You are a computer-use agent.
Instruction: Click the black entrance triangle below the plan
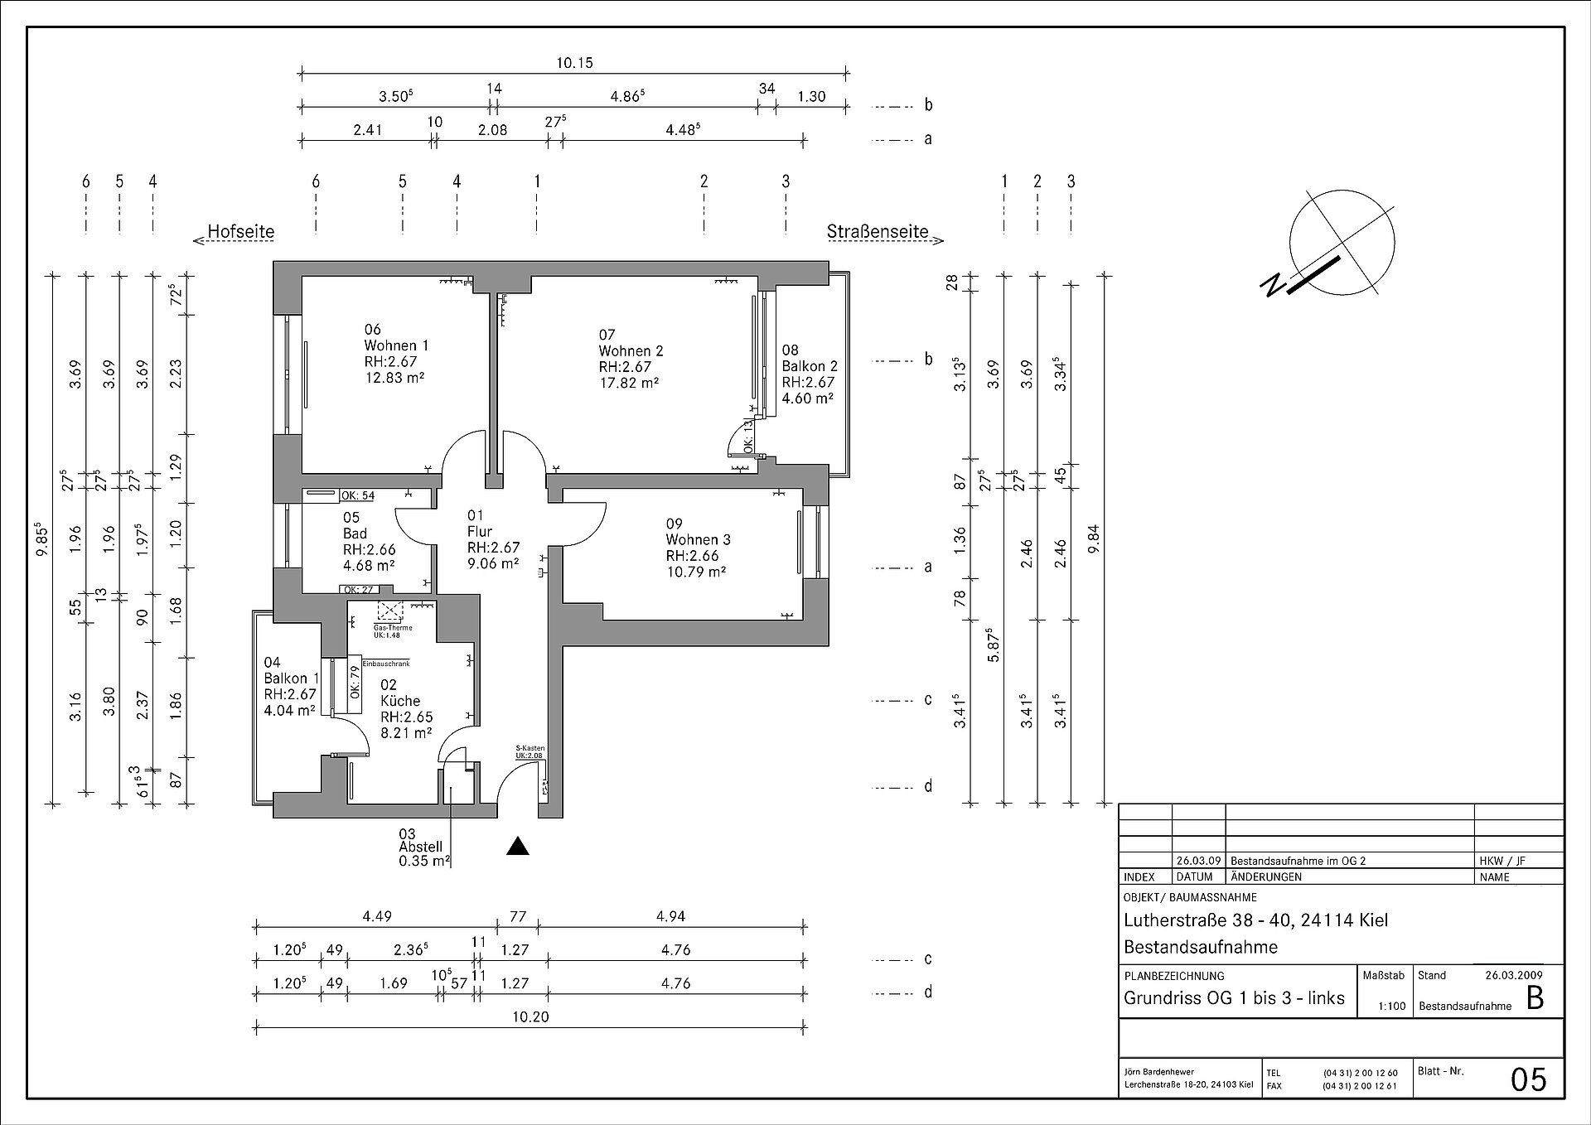tap(518, 846)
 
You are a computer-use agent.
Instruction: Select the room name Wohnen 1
tap(396, 345)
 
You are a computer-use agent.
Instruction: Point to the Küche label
tap(400, 701)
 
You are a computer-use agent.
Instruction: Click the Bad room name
tap(355, 534)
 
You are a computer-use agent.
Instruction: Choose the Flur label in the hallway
tap(479, 531)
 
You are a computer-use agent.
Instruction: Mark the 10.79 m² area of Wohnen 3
tap(696, 572)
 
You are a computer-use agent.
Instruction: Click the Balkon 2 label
tap(810, 366)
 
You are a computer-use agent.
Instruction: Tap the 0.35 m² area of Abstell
tap(424, 862)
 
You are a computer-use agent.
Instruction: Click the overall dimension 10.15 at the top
tap(574, 63)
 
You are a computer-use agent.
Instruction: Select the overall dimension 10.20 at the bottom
tap(530, 1017)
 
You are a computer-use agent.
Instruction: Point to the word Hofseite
tap(240, 231)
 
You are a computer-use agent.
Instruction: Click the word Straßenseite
tap(878, 232)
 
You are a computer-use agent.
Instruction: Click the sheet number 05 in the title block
tap(1529, 1079)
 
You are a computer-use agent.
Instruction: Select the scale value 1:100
tap(1392, 1007)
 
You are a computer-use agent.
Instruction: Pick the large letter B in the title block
tap(1535, 999)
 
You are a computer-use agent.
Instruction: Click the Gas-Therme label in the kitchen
tap(393, 628)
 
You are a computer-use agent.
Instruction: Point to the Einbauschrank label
tap(385, 664)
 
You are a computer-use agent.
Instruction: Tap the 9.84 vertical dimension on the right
tap(1094, 541)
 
